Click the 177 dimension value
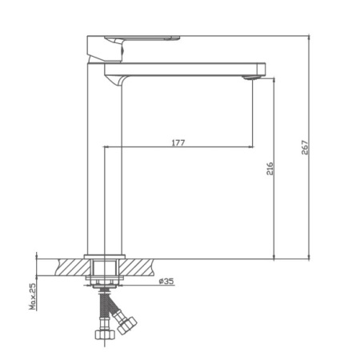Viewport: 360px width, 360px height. coord(178,142)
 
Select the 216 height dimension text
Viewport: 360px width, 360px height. coord(270,169)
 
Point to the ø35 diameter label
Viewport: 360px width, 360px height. coord(166,281)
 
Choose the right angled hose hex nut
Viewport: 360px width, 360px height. coord(126,323)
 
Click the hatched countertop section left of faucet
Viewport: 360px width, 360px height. coord(68,265)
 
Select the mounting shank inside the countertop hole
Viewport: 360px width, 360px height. coord(103,266)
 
